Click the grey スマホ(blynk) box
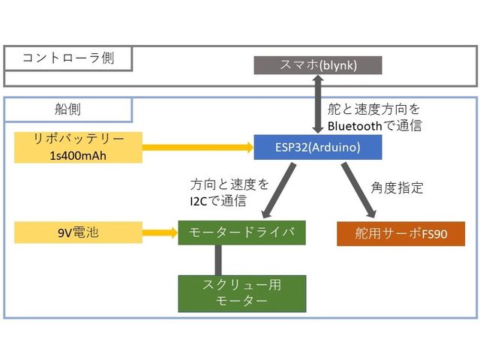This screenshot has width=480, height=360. click(318, 65)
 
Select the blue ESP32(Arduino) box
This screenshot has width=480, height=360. click(318, 147)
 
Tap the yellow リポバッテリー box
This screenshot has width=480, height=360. click(78, 147)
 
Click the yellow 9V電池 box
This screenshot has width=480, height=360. click(78, 232)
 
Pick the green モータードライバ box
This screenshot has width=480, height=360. click(241, 232)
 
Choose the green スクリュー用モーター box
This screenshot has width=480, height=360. click(241, 293)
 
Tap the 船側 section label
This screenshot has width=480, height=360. click(68, 109)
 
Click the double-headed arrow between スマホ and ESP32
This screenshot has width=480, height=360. click(318, 105)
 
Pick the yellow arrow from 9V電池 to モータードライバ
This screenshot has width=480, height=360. click(159, 232)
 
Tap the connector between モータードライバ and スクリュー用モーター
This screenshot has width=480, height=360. click(218, 260)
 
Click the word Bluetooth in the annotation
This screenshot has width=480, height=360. click(355, 126)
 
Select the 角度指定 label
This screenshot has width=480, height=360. click(397, 187)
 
